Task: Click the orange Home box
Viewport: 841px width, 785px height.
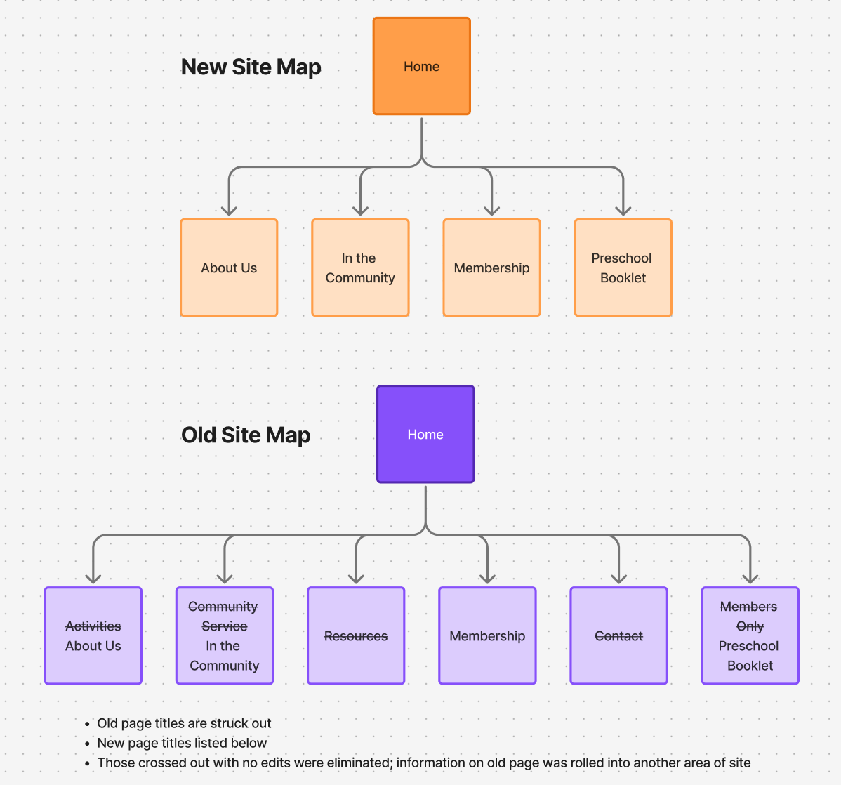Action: point(421,66)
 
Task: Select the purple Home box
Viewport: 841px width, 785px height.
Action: point(425,434)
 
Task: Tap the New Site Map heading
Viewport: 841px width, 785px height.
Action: point(251,67)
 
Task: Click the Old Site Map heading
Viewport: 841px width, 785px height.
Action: point(246,435)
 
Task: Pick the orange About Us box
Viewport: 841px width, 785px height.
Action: point(229,268)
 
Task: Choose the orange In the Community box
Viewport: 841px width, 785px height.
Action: point(360,268)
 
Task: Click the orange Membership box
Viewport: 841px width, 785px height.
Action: point(491,268)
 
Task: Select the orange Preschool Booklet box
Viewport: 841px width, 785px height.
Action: point(623,268)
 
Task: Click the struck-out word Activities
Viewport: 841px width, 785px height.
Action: point(93,626)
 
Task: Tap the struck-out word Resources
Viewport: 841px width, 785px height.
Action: point(356,636)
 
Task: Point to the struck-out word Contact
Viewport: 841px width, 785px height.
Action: point(618,636)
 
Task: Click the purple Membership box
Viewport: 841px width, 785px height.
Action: point(487,636)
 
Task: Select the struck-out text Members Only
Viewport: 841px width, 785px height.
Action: point(749,616)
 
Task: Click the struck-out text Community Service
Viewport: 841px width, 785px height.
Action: point(224,616)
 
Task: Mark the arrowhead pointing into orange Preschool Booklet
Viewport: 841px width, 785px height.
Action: point(623,210)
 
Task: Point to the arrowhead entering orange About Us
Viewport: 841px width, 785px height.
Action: point(229,210)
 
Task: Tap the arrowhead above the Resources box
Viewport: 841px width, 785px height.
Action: point(356,578)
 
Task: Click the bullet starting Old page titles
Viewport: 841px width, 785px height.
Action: point(184,723)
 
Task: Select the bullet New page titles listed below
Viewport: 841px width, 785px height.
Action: point(182,743)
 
